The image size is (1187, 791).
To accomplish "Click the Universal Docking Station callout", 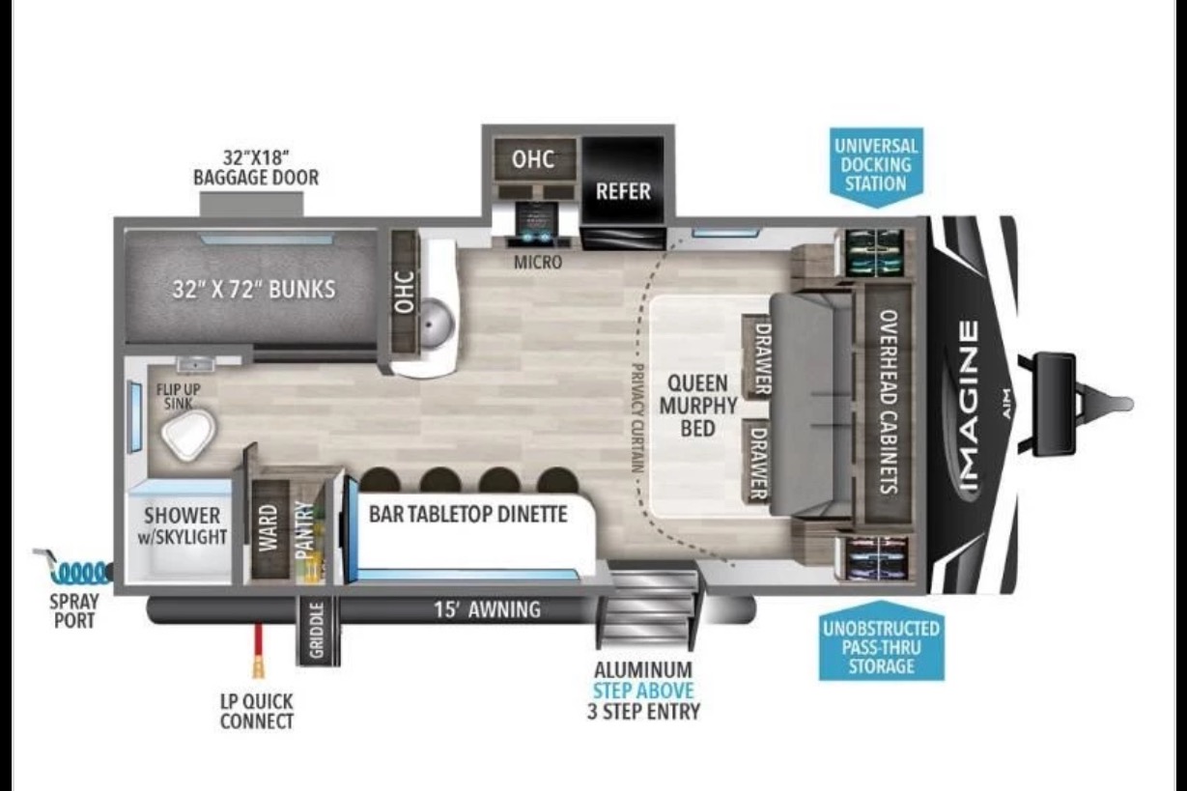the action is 876,166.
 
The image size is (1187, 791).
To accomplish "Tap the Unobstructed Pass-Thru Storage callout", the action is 881,641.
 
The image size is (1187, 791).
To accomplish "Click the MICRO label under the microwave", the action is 538,263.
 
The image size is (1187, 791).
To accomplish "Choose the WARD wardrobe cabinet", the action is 269,527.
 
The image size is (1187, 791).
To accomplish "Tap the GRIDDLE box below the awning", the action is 317,631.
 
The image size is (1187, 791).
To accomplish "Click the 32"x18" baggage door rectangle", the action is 252,204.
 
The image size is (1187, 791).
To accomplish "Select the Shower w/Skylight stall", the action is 182,531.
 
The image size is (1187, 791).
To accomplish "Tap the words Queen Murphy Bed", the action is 698,406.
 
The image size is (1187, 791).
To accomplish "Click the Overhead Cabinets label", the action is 889,401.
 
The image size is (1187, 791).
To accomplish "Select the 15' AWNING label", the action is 487,609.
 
